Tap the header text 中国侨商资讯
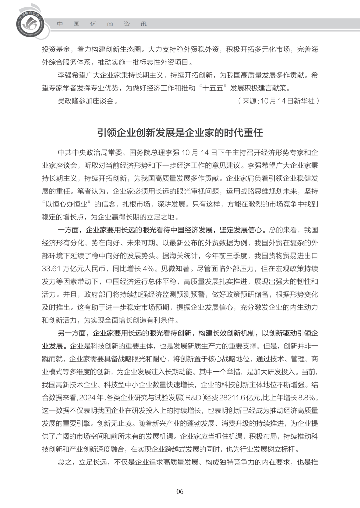click(x=102, y=24)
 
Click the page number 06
click(x=180, y=491)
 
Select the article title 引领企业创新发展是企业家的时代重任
click(x=180, y=133)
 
